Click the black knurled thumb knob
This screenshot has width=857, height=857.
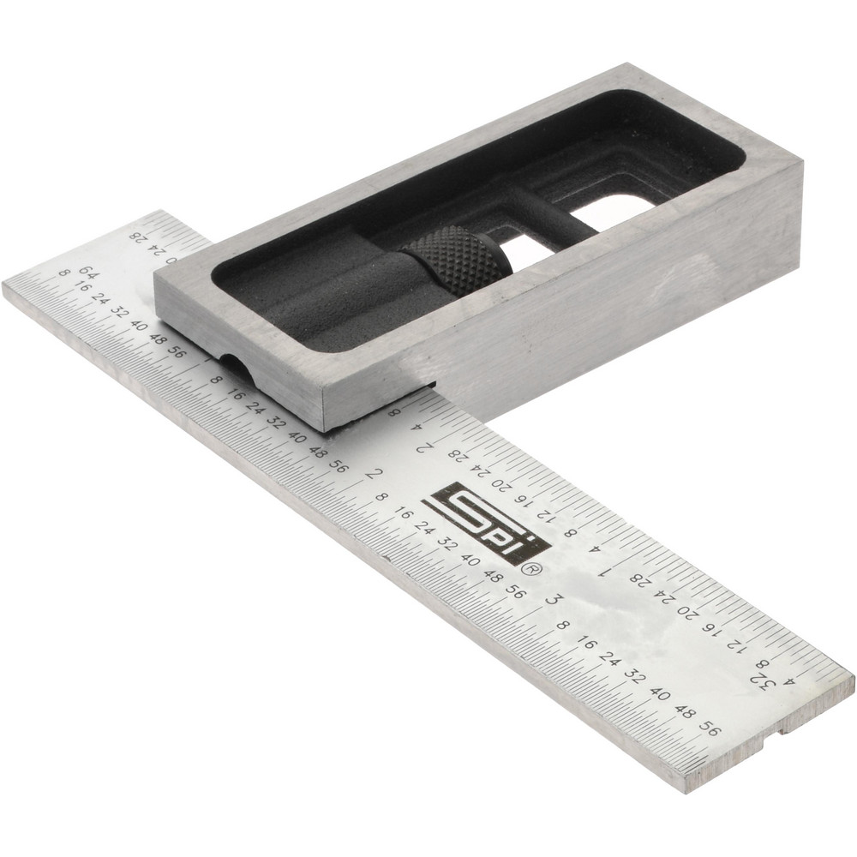pos(457,260)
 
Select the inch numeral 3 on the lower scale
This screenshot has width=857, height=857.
pos(552,599)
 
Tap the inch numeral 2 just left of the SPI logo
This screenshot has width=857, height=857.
pos(370,473)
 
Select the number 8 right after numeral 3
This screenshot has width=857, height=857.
pos(562,625)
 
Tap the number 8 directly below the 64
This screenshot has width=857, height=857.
pos(63,273)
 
